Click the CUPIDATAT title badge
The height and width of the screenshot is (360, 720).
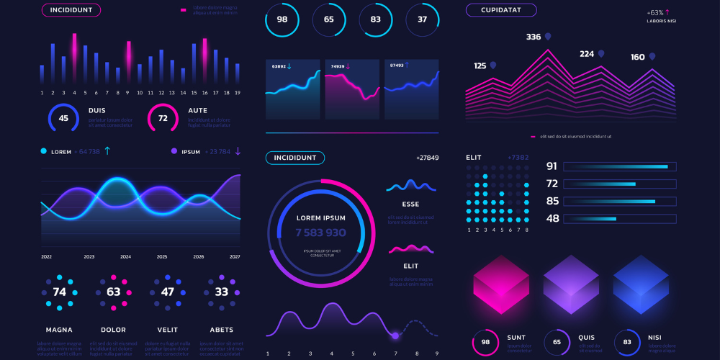(501, 10)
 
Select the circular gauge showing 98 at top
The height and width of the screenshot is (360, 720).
(282, 19)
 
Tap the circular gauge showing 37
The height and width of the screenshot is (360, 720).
(423, 19)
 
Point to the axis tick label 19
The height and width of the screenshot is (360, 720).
(238, 93)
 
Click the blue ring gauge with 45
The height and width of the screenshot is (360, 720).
(64, 118)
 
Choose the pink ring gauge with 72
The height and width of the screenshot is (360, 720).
(163, 118)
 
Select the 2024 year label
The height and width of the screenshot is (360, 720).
(125, 257)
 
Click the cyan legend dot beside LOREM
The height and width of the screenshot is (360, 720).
(44, 151)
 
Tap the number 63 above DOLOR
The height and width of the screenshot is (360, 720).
(114, 292)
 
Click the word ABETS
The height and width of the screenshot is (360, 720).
(221, 330)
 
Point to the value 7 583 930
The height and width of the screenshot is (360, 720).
(320, 233)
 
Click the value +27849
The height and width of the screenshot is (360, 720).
(427, 158)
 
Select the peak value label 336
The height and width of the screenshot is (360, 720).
(534, 37)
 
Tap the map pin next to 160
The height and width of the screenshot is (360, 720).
(652, 56)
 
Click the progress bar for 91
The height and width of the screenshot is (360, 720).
(619, 166)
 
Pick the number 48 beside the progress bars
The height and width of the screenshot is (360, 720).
(553, 218)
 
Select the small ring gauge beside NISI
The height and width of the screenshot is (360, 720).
(628, 343)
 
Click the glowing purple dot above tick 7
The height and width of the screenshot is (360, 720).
(395, 336)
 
